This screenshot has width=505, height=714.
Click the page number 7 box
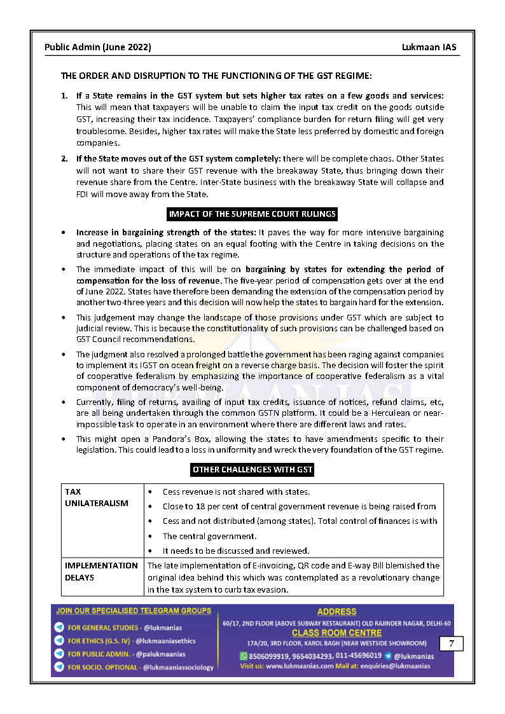tap(451, 643)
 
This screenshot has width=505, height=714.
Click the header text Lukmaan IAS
tap(429, 48)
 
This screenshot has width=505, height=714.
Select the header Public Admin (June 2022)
tap(98, 48)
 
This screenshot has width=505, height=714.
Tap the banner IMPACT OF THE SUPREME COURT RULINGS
tap(253, 214)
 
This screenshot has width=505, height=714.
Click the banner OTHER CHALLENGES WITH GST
tap(253, 470)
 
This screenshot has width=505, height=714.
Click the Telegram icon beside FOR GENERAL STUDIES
tap(59, 628)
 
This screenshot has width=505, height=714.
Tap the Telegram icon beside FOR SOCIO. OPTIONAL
tap(59, 667)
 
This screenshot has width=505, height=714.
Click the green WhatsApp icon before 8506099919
tap(244, 656)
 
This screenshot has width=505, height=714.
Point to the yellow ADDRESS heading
tap(337, 612)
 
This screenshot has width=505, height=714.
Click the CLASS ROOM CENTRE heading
tap(337, 633)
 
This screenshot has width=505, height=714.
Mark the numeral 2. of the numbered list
tap(64, 158)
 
